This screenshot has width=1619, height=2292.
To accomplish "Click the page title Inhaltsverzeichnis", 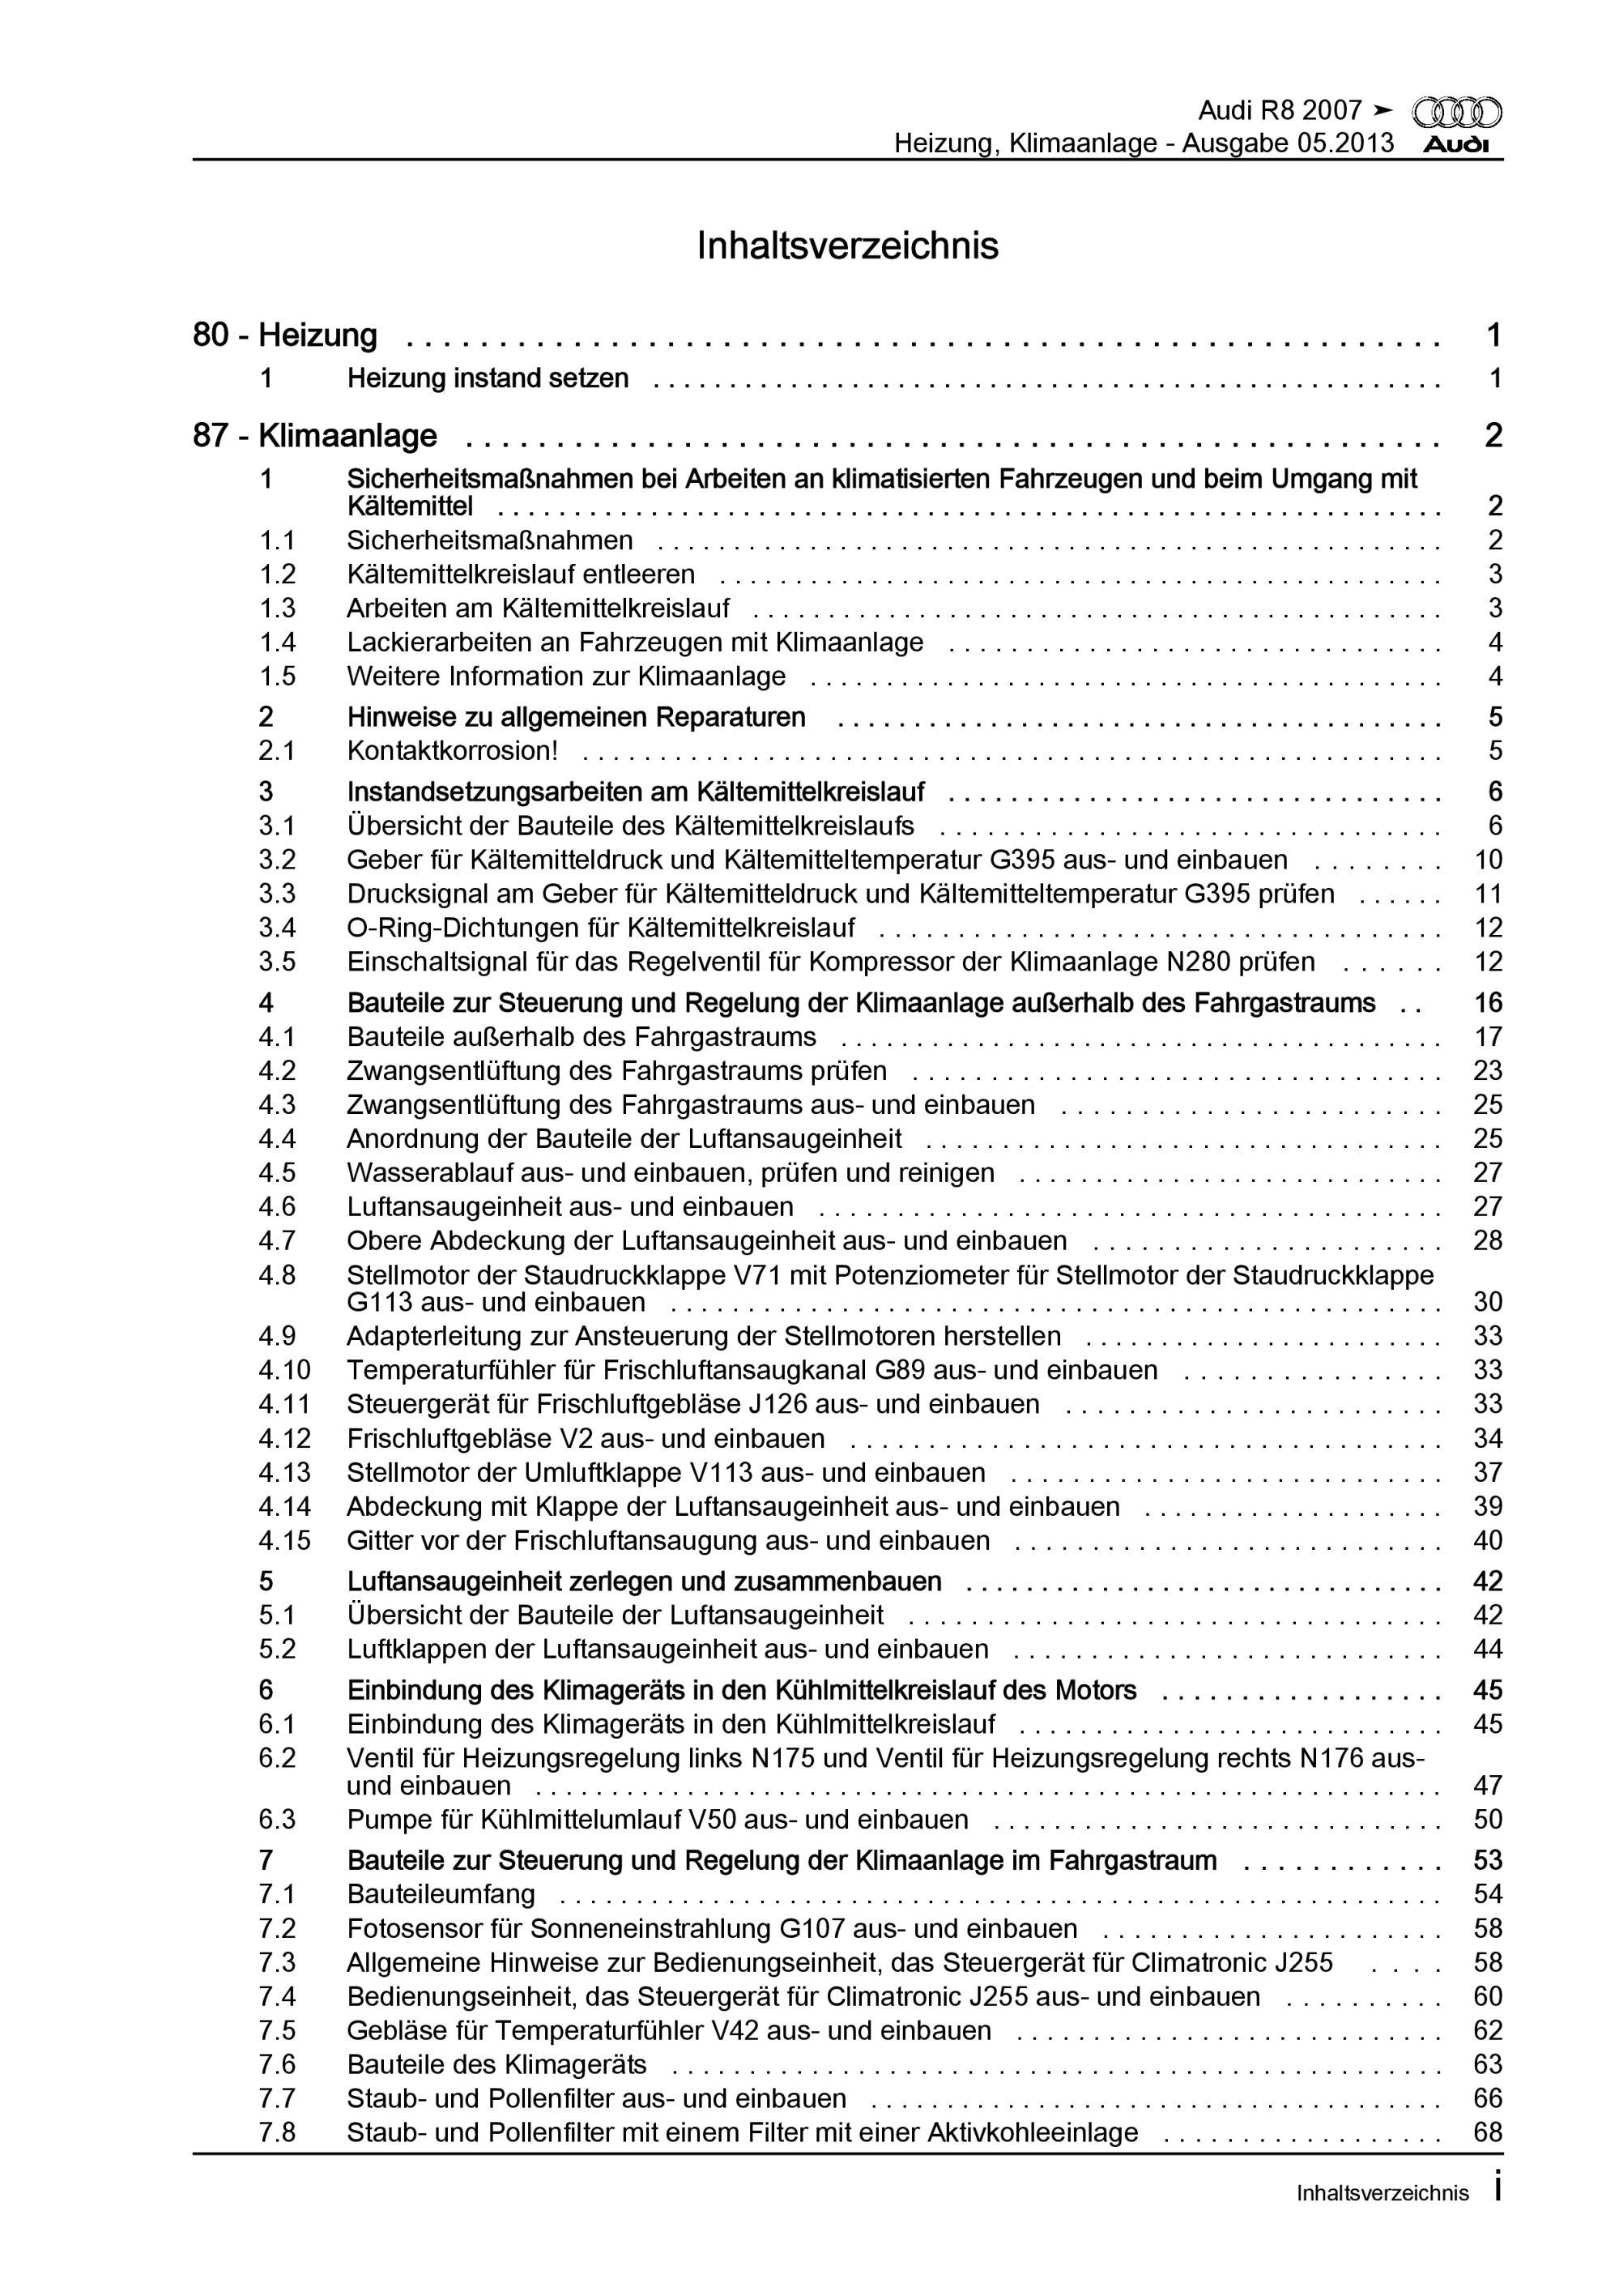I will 847,245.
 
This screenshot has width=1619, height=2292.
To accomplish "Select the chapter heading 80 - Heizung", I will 284,335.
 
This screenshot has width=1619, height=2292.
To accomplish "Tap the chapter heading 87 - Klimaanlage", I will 314,436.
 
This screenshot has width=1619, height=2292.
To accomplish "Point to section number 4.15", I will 284,1540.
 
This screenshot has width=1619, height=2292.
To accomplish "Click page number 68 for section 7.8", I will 1487,2132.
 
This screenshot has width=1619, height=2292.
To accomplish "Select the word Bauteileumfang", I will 441,1893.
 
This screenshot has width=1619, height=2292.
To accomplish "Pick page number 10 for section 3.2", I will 1487,860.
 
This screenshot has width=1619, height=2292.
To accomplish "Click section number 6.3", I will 278,1819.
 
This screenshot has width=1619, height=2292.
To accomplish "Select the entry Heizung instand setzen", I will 488,378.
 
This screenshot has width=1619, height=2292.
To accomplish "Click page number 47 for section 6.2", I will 1487,1785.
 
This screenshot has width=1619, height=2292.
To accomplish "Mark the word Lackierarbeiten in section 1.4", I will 439,642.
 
